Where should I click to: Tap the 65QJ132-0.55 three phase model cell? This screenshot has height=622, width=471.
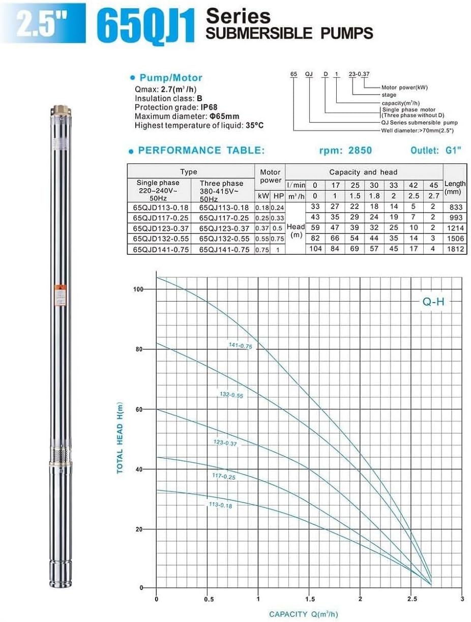pyautogui.click(x=221, y=239)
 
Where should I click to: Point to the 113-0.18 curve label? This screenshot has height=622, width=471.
pyautogui.click(x=220, y=506)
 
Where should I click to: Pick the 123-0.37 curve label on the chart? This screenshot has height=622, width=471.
pyautogui.click(x=226, y=443)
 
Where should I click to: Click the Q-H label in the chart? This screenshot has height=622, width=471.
pyautogui.click(x=433, y=302)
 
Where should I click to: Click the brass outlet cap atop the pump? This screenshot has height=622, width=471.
pyautogui.click(x=58, y=110)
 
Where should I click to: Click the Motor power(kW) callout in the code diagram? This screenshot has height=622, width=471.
pyautogui.click(x=405, y=87)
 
